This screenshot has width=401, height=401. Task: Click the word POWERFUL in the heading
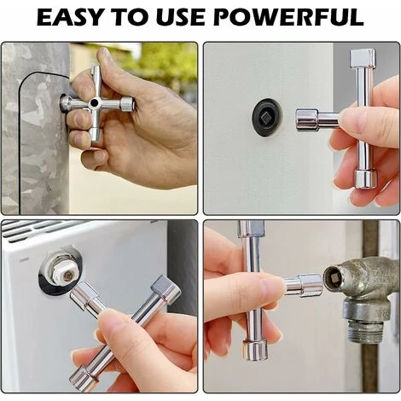click(288, 18)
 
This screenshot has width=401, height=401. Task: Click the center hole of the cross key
click(93, 102)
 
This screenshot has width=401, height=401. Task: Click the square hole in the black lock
click(268, 117)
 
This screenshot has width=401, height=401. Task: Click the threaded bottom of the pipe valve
click(366, 332)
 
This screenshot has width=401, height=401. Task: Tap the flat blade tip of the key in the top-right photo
click(363, 57)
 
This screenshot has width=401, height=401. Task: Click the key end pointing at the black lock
click(307, 120)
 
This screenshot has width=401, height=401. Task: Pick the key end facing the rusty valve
click(311, 284)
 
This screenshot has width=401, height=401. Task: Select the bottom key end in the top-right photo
click(366, 179)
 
